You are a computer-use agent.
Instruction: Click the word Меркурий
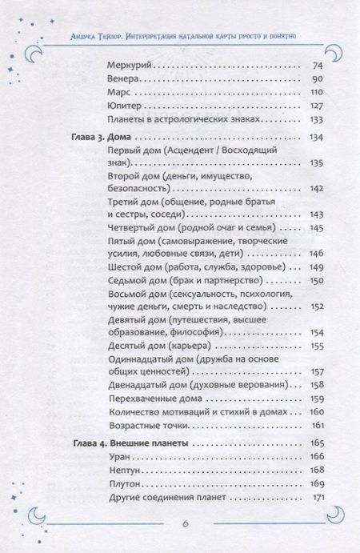[129, 65]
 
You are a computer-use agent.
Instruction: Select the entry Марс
[118, 93]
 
